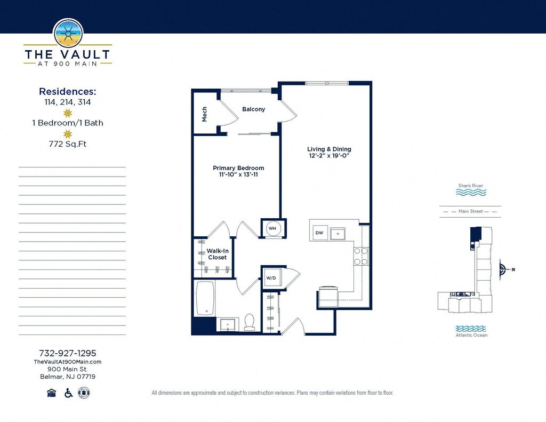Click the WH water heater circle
pos(272,228)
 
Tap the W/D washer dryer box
pos(272,278)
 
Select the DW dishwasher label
pos(319,233)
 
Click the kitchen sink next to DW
pos(338,234)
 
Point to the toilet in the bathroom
pos(250,322)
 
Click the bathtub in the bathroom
pos(205,298)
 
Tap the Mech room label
pos(204,114)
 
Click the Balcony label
pos(253,109)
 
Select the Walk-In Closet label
pos(218,254)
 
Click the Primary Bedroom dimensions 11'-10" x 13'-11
pos(238,174)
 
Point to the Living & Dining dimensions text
pos(329,155)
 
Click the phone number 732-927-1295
pos(68,353)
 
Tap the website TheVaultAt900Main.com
pos(68,362)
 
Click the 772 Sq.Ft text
pos(68,144)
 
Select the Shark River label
pos(471,186)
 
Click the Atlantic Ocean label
pos(471,335)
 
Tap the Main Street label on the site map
pos(471,211)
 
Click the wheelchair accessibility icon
pos(69,393)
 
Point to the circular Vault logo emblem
pos(68,34)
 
